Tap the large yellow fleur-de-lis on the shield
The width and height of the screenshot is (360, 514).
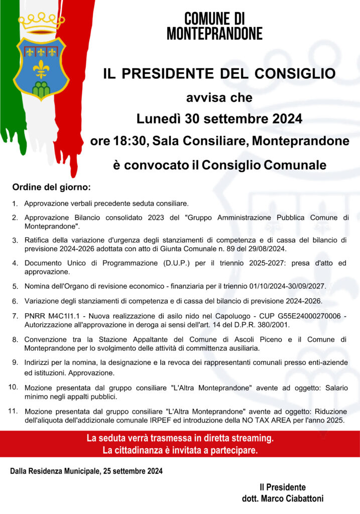pos(40,68)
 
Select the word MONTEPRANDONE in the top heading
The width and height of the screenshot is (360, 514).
pos(214,34)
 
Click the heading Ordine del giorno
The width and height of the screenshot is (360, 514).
pos(51,188)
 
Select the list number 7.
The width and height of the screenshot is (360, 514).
pos(15,316)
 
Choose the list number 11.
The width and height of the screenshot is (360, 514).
pos(14,412)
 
